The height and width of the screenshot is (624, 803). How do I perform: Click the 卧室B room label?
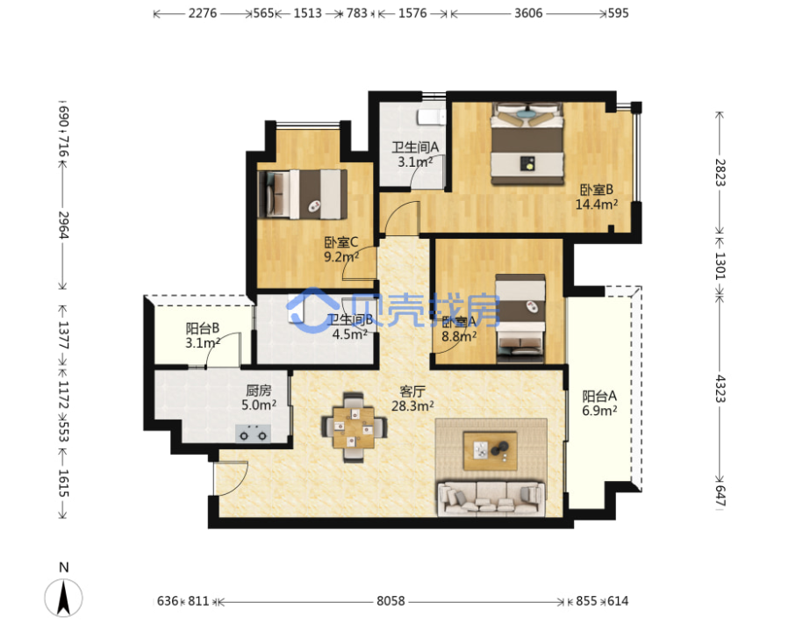pos(596,190)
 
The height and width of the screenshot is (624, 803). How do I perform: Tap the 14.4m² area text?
pos(596,204)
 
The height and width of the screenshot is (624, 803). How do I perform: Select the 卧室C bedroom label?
pos(341,242)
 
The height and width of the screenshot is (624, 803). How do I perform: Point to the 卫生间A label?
pos(415,147)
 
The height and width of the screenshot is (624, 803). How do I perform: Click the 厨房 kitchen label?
pos(259,391)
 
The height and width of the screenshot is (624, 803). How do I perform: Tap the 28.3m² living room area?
pos(412,406)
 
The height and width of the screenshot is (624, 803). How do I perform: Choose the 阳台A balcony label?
pos(599,396)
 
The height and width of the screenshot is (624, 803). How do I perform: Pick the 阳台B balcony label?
pos(203,328)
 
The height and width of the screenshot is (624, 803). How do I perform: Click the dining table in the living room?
pos(354,427)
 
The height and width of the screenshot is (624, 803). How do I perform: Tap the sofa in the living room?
pos(491,498)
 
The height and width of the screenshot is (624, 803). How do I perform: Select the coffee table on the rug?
pos(490,450)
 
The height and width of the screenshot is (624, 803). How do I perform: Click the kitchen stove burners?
pos(253,434)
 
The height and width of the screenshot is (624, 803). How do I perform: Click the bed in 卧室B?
pos(527,143)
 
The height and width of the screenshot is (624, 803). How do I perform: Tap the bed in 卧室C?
pos(302,195)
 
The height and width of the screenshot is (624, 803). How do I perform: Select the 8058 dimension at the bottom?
pos(391,601)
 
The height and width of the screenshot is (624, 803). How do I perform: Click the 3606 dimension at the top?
pos(528,13)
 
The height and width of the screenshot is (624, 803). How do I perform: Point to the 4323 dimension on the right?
pos(721,389)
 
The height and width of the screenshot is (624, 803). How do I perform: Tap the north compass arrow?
pos(63,597)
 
